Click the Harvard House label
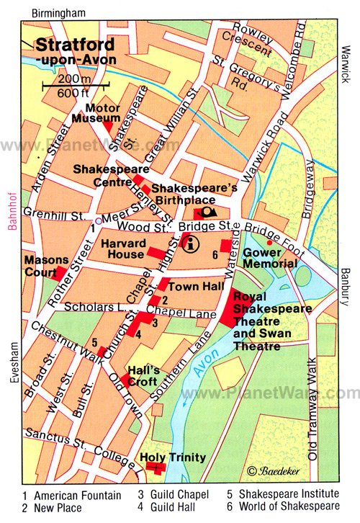[x=125, y=249]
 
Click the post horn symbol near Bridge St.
[x=208, y=213]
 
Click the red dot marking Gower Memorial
[x=269, y=242]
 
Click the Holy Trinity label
[x=173, y=457]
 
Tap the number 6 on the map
[x=215, y=255]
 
